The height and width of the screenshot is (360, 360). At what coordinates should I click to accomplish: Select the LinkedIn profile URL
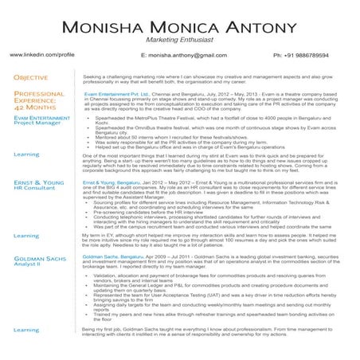42,57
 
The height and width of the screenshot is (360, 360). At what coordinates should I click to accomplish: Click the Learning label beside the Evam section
27,154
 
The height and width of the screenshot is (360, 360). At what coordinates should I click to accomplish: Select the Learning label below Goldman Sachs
27,329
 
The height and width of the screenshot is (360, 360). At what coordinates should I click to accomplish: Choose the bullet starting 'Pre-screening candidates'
159,212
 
